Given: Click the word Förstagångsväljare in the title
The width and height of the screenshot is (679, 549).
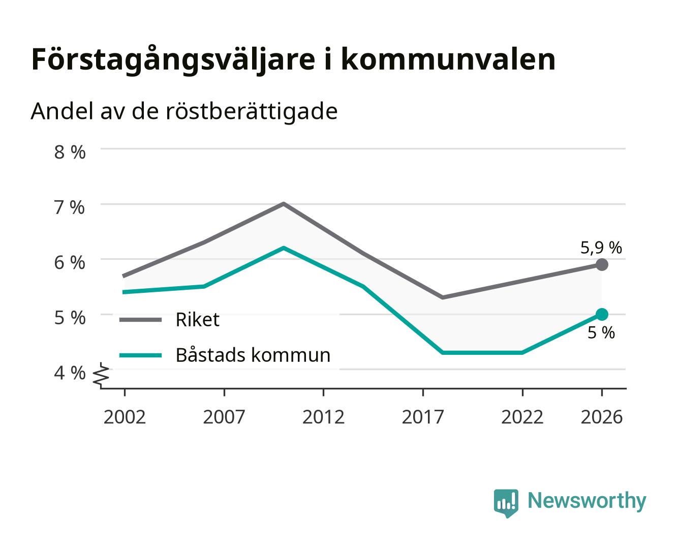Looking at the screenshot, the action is tap(173, 60).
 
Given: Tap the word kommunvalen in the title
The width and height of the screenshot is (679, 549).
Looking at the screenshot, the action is tap(448, 59).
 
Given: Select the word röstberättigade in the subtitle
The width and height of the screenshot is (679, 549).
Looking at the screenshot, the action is tap(251, 112).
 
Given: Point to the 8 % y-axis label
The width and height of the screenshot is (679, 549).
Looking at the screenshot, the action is tap(70, 152).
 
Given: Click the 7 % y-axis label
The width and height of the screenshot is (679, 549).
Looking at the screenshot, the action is tap(70, 207).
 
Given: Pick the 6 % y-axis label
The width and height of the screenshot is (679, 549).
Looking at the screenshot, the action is tap(70, 263).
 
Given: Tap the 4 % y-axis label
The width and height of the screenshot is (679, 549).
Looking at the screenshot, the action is tap(70, 373).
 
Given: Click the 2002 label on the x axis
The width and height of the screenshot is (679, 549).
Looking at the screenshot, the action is tap(125, 417).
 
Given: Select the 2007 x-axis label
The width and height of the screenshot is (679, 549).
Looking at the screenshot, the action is tap(224, 417).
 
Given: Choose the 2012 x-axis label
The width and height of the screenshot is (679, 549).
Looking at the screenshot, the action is tap(323, 417).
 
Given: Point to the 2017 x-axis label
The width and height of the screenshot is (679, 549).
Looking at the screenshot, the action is tap(423, 417).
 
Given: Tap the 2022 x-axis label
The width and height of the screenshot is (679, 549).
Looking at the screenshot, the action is tap(522, 417).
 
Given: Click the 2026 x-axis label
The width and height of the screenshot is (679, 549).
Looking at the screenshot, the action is tap(602, 417).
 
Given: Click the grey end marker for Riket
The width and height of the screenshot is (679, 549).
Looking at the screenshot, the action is tap(602, 264).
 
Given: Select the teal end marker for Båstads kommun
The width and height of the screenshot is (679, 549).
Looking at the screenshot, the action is tap(602, 314).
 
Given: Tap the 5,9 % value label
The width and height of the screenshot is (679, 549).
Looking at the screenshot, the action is tap(601, 248).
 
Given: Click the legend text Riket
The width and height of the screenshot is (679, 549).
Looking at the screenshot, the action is tap(198, 319).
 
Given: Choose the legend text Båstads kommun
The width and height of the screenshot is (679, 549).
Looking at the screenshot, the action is tap(253, 355).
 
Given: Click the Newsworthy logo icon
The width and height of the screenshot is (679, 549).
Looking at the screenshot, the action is tap(506, 503).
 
